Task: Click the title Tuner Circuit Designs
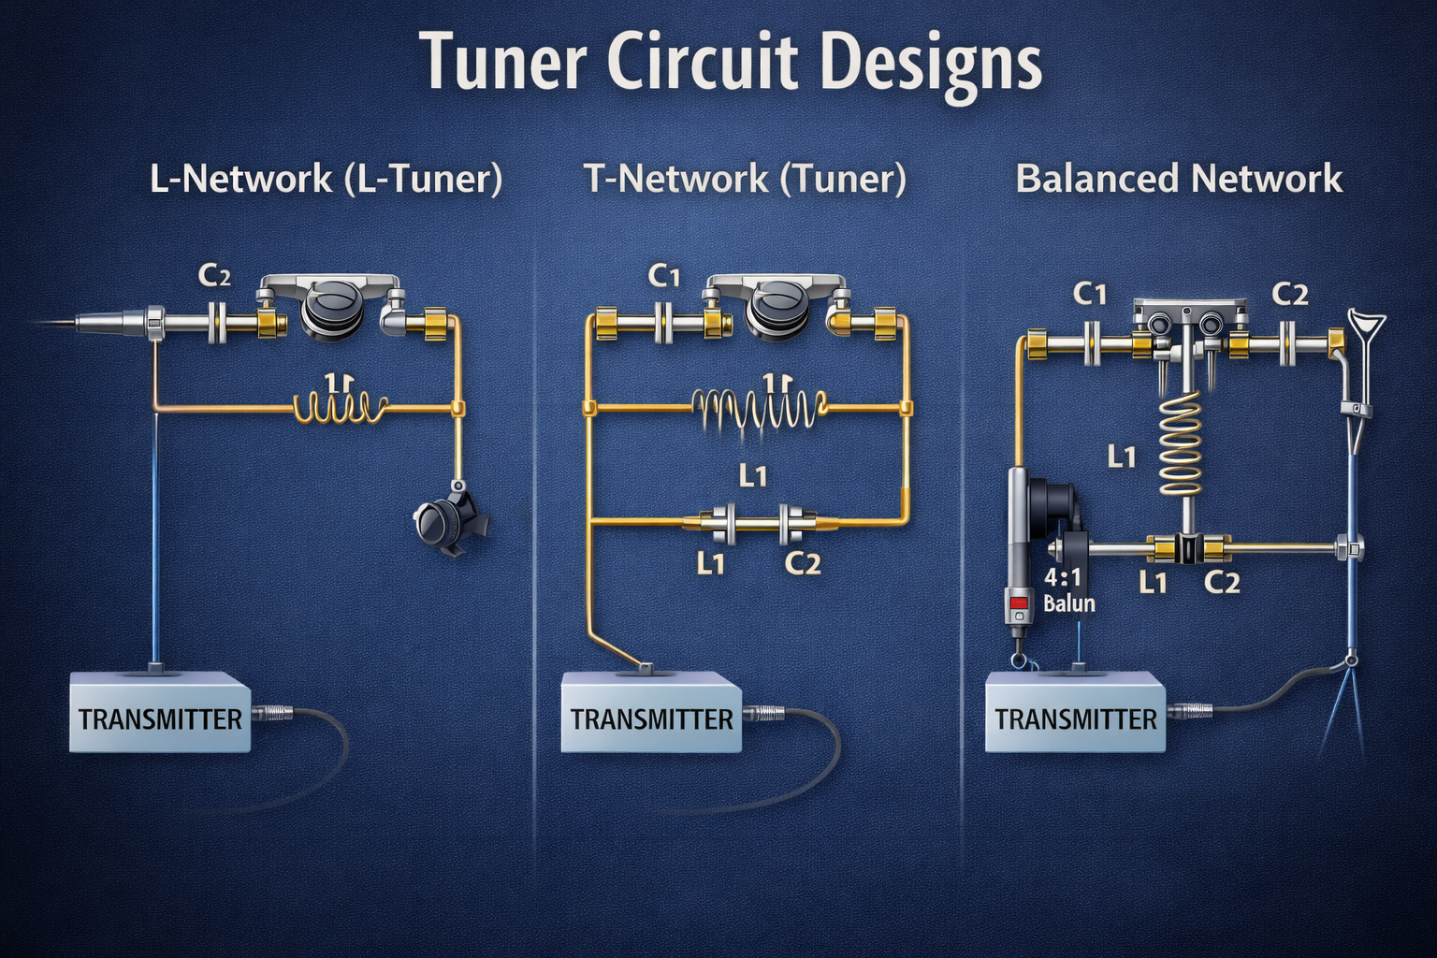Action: click(732, 63)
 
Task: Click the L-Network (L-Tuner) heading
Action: click(326, 178)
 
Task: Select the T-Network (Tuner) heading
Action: click(745, 178)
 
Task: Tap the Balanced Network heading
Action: click(1179, 178)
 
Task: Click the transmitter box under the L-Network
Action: click(160, 718)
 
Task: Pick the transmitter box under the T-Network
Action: click(651, 718)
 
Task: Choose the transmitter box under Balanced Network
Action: click(1076, 718)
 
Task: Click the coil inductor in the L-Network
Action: click(341, 406)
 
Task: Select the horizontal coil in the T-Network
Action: click(759, 408)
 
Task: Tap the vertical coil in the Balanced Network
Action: click(1183, 443)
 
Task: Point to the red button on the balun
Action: click(1018, 603)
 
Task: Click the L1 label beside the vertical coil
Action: click(1121, 457)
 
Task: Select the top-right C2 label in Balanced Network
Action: click(1290, 295)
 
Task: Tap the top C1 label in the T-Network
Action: click(663, 276)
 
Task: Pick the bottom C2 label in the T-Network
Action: click(802, 563)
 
